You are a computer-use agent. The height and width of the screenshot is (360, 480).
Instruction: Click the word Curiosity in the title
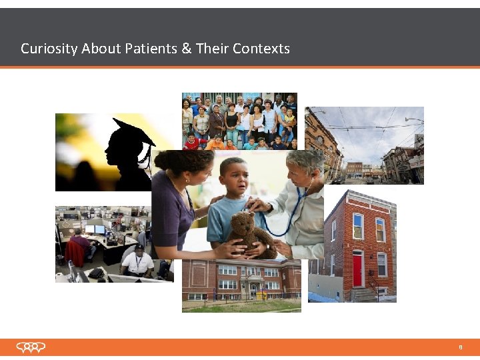click(49, 49)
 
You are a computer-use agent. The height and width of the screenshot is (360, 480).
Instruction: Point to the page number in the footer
click(460, 347)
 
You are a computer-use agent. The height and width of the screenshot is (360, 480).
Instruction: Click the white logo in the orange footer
click(31, 347)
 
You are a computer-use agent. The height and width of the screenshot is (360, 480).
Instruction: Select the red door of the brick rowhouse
click(357, 268)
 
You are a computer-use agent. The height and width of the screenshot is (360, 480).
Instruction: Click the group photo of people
click(239, 120)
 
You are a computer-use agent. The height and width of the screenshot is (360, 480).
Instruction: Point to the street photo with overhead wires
click(364, 145)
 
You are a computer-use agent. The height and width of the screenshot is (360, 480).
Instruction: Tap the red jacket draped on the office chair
click(75, 253)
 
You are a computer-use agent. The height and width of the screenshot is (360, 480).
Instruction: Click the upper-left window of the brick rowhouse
click(358, 226)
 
